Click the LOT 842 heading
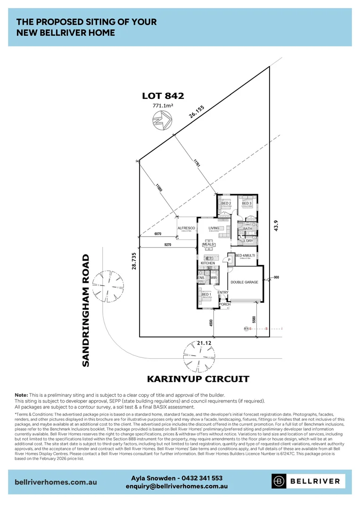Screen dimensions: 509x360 pyautogui.click(x=163, y=96)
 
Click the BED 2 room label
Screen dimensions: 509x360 pyautogui.click(x=226, y=204)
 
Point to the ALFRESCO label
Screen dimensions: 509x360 pyautogui.click(x=186, y=228)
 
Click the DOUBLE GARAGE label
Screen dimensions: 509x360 pyautogui.click(x=244, y=282)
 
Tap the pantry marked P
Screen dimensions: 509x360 pyautogui.click(x=229, y=260)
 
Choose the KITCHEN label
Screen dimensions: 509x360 pyautogui.click(x=208, y=263)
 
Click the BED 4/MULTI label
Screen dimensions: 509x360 pyautogui.click(x=245, y=255)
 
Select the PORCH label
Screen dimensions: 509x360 pyautogui.click(x=225, y=304)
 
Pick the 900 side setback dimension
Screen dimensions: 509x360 pyautogui.click(x=276, y=277)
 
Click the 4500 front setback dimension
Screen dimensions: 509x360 pyautogui.click(x=211, y=323)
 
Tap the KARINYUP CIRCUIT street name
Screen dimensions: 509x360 pyautogui.click(x=198, y=379)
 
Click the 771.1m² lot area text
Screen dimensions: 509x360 pyautogui.click(x=163, y=106)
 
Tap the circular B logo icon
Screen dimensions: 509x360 pyautogui.click(x=280, y=481)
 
